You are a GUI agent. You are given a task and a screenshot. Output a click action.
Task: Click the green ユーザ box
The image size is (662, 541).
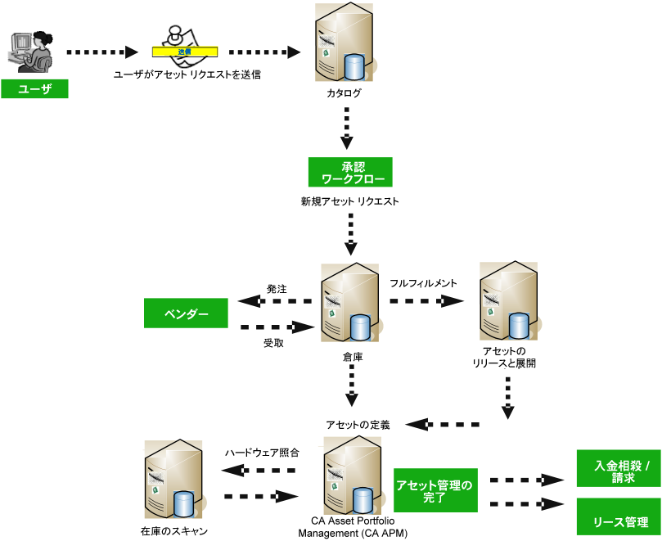34,89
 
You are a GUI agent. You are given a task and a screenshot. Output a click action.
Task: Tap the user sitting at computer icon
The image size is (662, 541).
32,52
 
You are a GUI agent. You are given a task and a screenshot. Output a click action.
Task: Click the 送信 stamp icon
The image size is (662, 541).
184,47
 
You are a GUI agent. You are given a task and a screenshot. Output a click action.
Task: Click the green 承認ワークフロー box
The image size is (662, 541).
350,172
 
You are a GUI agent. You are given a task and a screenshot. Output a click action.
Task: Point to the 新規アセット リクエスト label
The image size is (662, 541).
349,201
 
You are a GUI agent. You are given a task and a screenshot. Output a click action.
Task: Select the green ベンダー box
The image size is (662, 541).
186,313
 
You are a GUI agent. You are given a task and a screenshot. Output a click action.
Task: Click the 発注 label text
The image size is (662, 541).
277,289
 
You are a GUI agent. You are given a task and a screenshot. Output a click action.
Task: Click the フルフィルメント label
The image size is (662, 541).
423,283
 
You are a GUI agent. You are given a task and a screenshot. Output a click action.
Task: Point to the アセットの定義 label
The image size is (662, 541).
358,425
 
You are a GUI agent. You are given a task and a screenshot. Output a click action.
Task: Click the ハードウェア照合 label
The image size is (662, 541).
263,453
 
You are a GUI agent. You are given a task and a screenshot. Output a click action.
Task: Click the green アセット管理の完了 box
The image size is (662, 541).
435,490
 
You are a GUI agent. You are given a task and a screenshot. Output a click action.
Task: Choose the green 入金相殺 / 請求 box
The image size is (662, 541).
619,471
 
